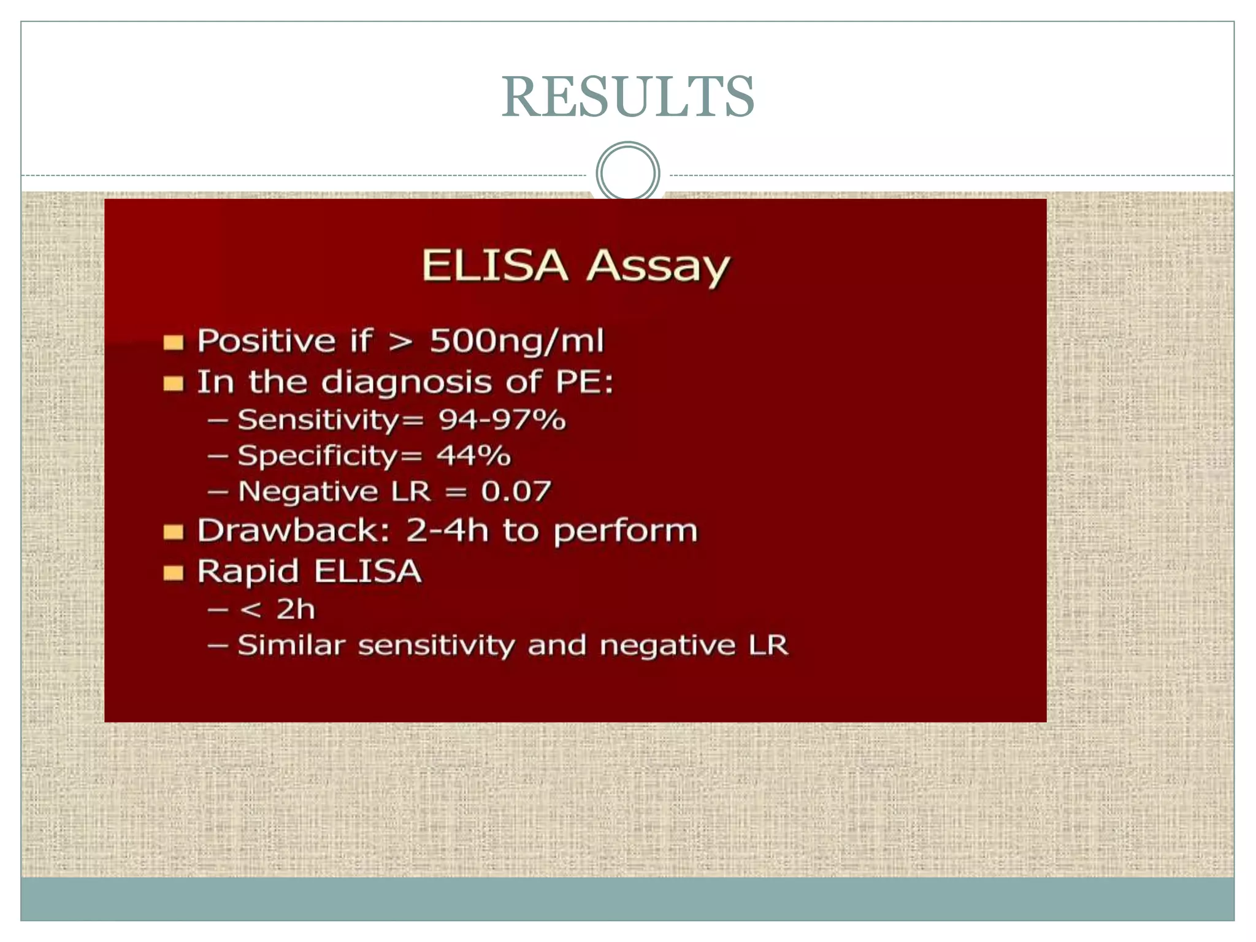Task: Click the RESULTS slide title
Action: pos(628,97)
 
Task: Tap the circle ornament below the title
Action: pos(628,173)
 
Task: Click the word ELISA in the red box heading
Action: pos(494,266)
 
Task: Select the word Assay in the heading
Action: pos(658,267)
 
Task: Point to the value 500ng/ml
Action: pos(516,341)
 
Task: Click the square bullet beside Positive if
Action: pos(174,342)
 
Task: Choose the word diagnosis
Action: pos(407,383)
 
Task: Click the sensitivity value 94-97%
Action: pos(502,420)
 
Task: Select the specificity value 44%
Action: pos(473,456)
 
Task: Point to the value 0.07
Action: pos(516,491)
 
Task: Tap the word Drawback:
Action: pos(294,530)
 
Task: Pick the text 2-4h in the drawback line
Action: pos(447,530)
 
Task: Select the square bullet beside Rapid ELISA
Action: pos(174,573)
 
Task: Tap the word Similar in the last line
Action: pos(291,645)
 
